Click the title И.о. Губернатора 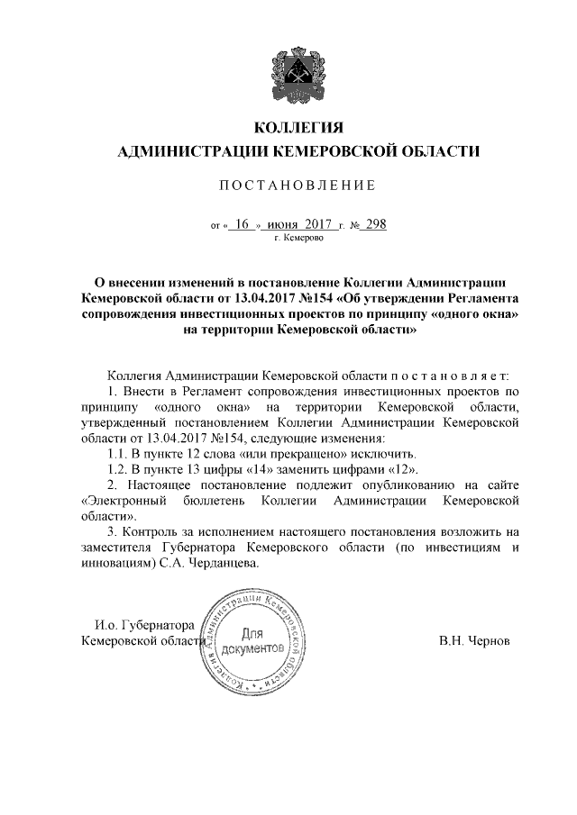coord(145,624)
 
